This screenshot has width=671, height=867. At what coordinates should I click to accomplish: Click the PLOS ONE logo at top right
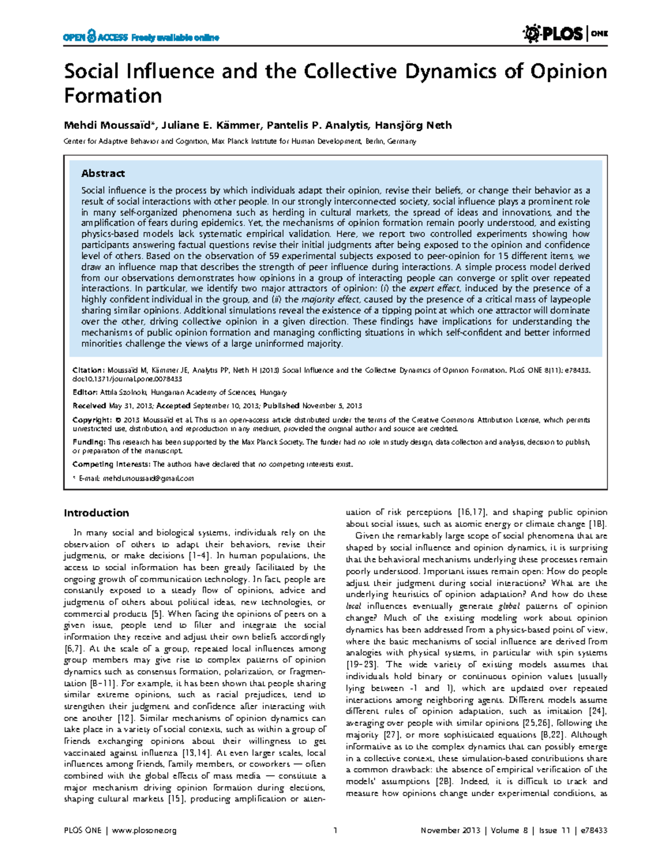pyautogui.click(x=565, y=34)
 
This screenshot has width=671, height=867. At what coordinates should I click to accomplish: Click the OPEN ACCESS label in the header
pyautogui.click(x=96, y=37)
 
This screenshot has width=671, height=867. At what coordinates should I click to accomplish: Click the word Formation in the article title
pyautogui.click(x=112, y=96)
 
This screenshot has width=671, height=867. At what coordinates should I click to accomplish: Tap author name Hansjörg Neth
pyautogui.click(x=413, y=125)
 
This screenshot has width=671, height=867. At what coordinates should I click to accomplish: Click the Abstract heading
pyautogui.click(x=103, y=173)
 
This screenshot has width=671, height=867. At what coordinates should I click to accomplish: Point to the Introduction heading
pyautogui.click(x=96, y=513)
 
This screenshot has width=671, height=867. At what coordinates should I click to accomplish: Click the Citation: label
pyautogui.click(x=88, y=370)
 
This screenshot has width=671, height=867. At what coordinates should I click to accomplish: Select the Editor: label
pyautogui.click(x=85, y=393)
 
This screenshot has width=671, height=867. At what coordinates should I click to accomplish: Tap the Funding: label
pyautogui.click(x=89, y=442)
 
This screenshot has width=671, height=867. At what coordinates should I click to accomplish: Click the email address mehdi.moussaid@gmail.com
pyautogui.click(x=148, y=479)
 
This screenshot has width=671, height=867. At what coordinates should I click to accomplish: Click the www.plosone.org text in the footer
pyautogui.click(x=144, y=831)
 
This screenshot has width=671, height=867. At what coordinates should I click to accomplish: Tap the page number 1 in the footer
pyautogui.click(x=335, y=831)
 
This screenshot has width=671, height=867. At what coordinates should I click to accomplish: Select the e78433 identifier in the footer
pyautogui.click(x=594, y=831)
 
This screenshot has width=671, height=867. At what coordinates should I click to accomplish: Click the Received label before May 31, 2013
pyautogui.click(x=89, y=406)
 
